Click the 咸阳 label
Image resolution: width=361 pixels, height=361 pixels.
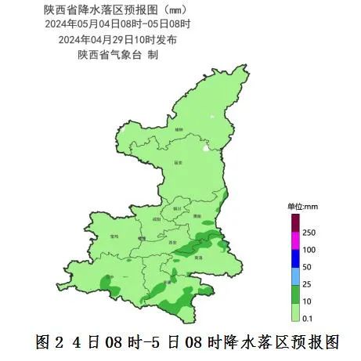pyautogui.click(x=157, y=220)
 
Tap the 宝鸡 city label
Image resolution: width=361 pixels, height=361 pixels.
pyautogui.click(x=114, y=236)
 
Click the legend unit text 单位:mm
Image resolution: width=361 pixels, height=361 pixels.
pyautogui.click(x=303, y=206)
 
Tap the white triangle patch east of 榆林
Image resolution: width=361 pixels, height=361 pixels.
pyautogui.click(x=206, y=146)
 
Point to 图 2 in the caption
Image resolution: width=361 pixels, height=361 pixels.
pyautogui.click(x=49, y=342)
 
